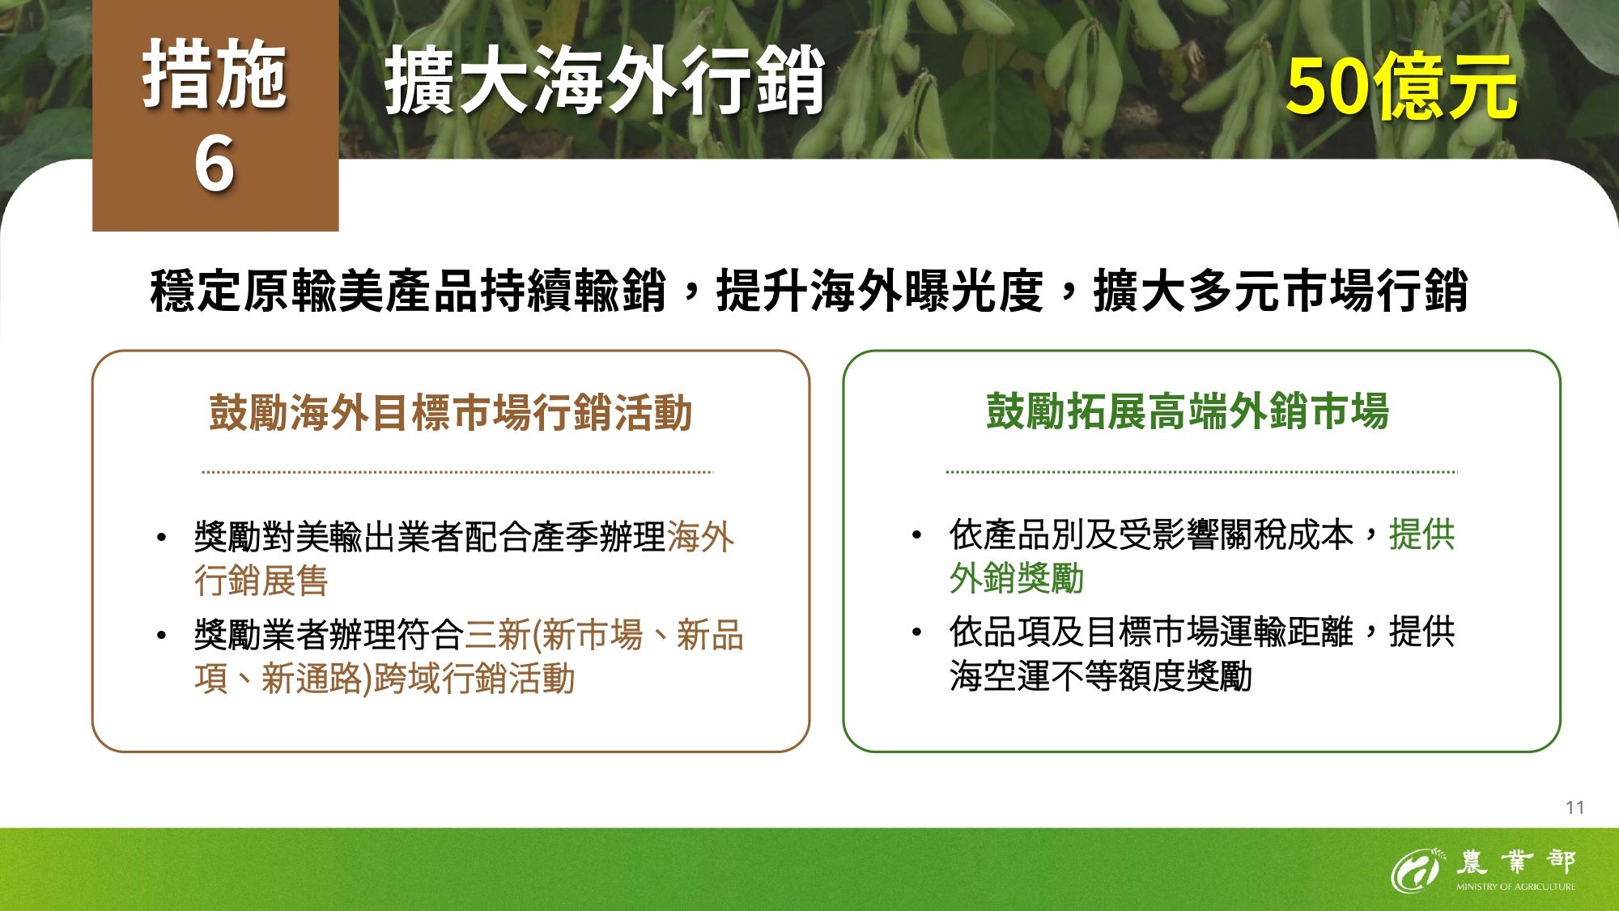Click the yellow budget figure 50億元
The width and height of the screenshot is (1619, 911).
[1401, 87]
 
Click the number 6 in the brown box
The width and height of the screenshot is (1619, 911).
[215, 164]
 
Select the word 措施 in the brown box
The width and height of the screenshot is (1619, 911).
[215, 74]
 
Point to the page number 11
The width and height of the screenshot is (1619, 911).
[1574, 807]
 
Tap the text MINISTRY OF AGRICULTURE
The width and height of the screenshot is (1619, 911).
[1515, 887]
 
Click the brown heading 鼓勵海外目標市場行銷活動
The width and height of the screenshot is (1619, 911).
[450, 412]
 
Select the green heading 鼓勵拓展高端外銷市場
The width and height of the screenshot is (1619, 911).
[1188, 411]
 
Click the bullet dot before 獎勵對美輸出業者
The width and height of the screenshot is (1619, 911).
[162, 538]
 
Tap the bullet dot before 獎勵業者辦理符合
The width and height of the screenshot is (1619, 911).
[162, 636]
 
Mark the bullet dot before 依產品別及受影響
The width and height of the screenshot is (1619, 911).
[916, 535]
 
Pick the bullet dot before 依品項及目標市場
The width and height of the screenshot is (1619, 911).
[916, 632]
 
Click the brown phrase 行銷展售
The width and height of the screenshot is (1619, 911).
[261, 581]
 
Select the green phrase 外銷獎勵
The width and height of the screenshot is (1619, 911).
[1016, 579]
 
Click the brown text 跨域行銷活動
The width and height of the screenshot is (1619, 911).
[474, 679]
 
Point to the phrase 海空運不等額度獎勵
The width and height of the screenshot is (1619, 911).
[1101, 676]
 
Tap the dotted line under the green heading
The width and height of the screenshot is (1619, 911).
[1201, 472]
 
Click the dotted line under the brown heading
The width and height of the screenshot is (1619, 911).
[457, 472]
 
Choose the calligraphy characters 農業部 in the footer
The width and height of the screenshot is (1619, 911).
[1515, 862]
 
